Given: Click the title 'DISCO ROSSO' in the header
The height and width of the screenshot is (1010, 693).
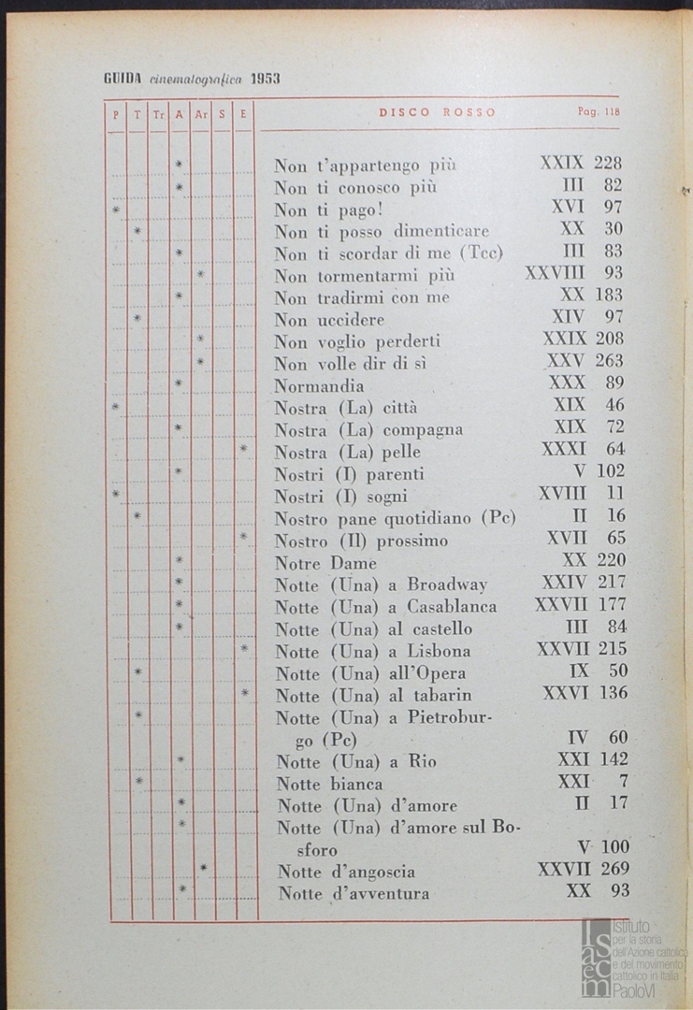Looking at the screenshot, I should pos(438,112).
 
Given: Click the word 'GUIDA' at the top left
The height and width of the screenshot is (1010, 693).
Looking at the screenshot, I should pos(122,79).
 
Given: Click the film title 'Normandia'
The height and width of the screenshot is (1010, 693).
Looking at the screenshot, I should pos(319,385).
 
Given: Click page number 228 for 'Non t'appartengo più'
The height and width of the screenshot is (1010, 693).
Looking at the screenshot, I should pos(608,163).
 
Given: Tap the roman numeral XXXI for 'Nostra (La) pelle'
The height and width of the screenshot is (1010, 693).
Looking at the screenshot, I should pos(564,450).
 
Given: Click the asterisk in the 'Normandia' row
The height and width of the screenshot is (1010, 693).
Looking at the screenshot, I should pos(179,383).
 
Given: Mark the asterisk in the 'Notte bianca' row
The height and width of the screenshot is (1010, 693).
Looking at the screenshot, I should pos(137,780).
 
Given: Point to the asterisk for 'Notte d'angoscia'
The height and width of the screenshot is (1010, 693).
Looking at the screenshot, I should pos(202,869).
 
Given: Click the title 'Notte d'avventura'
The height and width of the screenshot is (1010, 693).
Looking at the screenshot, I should pos(354,894).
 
